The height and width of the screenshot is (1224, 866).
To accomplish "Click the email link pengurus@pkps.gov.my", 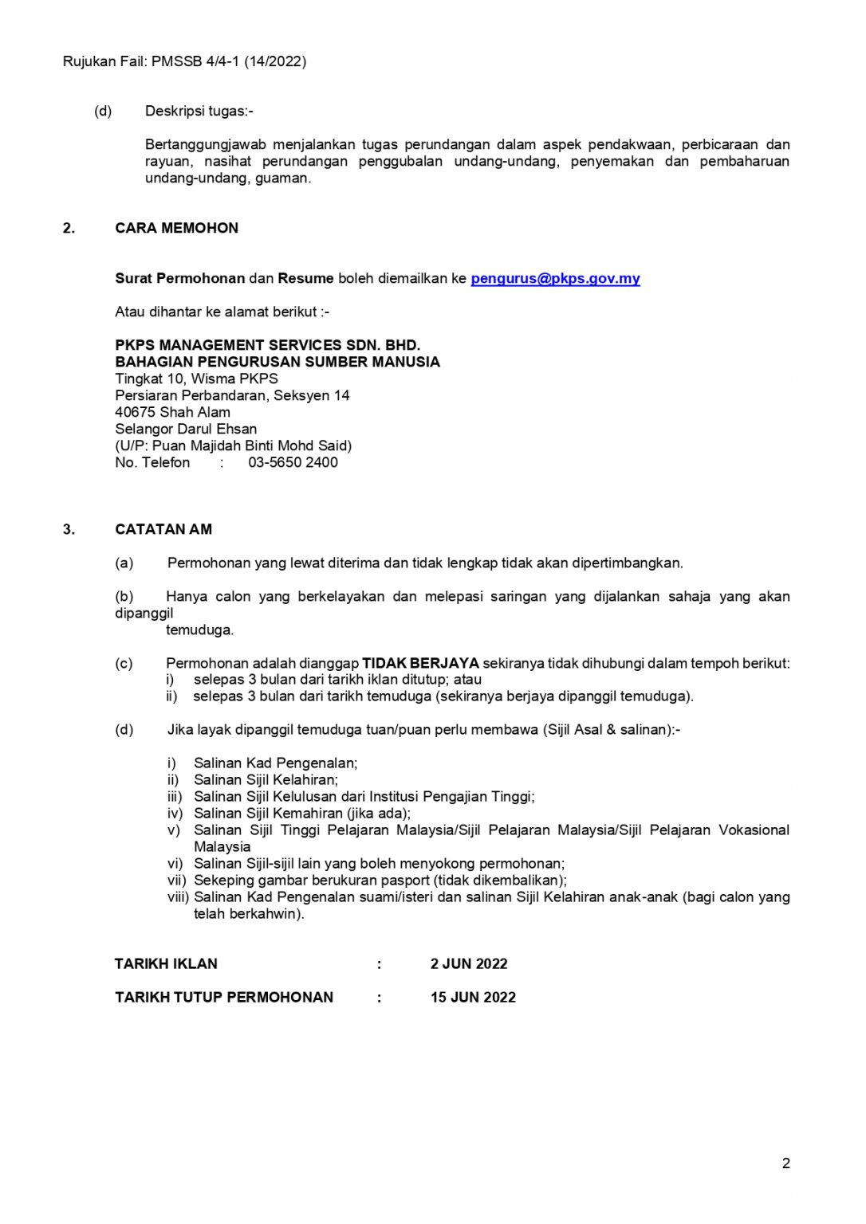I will tap(555, 278).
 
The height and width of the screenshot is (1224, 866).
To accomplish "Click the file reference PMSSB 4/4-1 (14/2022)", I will tap(229, 61).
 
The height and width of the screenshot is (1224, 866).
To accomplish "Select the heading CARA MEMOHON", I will tap(176, 228).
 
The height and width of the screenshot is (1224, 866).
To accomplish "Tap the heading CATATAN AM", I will tap(163, 529).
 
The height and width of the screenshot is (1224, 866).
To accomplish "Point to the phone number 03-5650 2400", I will tap(293, 462).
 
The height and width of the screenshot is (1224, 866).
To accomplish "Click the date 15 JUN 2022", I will tap(473, 997).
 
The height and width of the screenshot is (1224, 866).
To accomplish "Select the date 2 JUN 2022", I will tap(469, 963).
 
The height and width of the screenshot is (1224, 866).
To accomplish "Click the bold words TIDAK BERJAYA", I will tap(420, 663).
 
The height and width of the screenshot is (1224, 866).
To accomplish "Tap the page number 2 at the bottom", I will tap(785, 1163).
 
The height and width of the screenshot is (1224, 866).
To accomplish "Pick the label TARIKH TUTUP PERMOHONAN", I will tap(224, 997).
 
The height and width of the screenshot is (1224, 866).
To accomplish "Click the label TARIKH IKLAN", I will tap(166, 963).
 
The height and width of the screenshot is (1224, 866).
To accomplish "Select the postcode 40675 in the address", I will tap(135, 412).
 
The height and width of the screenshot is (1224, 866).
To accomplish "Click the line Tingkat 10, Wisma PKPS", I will tap(196, 379).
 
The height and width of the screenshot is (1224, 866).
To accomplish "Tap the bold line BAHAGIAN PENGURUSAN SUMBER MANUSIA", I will tap(278, 362).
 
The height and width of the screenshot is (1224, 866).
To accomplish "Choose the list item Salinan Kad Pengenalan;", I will tap(275, 763).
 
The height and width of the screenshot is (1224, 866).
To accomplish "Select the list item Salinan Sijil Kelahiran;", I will tap(266, 779).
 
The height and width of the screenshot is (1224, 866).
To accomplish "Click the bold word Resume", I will tap(305, 278).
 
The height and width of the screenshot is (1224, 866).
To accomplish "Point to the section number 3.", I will tap(69, 529).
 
